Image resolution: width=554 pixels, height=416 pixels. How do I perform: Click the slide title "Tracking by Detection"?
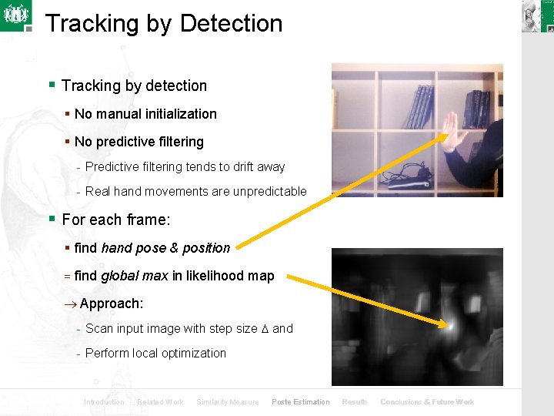[164, 23]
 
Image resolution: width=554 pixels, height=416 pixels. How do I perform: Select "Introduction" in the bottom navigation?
[104, 402]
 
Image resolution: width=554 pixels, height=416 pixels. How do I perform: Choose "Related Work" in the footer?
[160, 402]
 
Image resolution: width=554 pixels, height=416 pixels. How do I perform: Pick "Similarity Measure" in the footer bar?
[227, 402]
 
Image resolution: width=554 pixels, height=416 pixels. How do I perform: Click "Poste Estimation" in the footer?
[300, 402]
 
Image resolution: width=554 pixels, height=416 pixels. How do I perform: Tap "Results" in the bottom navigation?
[355, 402]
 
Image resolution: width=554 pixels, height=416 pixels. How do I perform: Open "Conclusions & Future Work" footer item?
[427, 402]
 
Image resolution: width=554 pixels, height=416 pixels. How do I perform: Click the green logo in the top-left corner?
[15, 15]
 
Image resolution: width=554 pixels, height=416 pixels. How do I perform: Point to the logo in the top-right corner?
[537, 16]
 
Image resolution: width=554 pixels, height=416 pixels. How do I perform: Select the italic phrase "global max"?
[134, 276]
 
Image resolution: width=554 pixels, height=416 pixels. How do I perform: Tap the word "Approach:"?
[111, 304]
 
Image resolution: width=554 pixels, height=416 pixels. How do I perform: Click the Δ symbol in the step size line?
[265, 329]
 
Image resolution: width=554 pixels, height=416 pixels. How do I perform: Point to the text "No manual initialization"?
[145, 114]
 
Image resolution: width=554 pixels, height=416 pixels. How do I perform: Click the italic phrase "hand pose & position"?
[165, 248]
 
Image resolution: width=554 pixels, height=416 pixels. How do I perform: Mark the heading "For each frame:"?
[116, 220]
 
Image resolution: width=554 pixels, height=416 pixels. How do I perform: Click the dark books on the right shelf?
[478, 109]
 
